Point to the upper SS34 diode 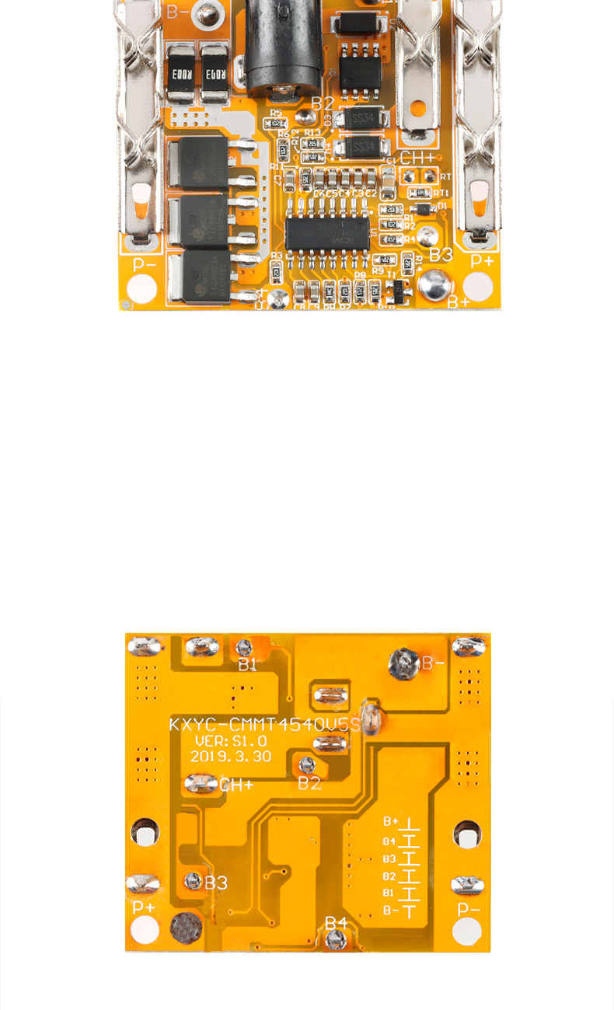(361, 119)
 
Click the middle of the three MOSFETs (199, 221)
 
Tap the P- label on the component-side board (145, 263)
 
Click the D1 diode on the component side (422, 208)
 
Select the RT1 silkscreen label (441, 193)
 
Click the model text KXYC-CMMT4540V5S (265, 725)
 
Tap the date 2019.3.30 (230, 756)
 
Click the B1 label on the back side (247, 664)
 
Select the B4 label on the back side (336, 922)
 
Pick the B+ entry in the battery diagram (390, 821)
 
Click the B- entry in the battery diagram (391, 911)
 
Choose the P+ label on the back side (144, 907)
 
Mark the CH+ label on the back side (236, 785)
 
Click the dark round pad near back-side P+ (186, 927)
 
